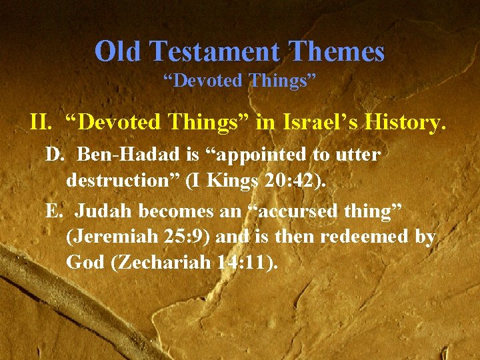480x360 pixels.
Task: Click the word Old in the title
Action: click(119, 51)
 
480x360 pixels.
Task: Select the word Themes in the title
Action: click(340, 51)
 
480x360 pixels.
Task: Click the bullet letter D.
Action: click(53, 155)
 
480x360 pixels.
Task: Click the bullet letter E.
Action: click(53, 211)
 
